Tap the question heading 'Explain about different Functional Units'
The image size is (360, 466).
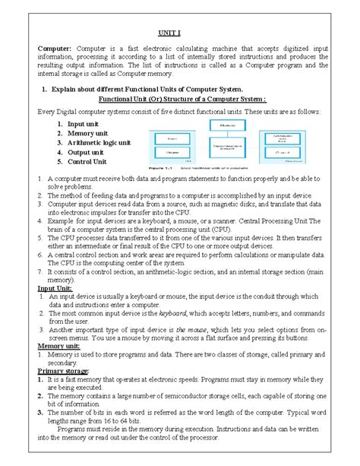pos(144,89)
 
